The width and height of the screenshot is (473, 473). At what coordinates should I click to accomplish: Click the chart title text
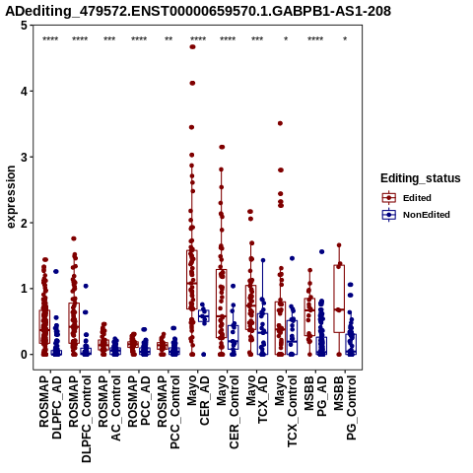click(x=198, y=11)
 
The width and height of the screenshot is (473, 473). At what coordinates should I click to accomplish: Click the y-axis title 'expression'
click(x=11, y=197)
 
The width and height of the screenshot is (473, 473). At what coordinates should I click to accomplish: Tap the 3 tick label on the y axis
click(x=24, y=157)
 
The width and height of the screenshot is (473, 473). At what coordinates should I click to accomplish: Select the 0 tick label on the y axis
click(x=24, y=355)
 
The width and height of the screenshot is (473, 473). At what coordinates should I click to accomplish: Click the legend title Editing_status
click(x=421, y=178)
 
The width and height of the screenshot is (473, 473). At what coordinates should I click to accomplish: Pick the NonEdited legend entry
click(x=416, y=215)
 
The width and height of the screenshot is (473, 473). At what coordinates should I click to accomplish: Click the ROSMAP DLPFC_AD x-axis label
click(x=50, y=407)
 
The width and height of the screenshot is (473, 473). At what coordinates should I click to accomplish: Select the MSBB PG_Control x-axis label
click(x=345, y=408)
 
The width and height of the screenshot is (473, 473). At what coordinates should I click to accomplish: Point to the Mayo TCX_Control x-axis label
click(x=286, y=411)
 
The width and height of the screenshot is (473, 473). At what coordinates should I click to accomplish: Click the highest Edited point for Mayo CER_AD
click(x=192, y=47)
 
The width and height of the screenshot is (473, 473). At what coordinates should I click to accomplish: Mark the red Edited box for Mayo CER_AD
click(x=192, y=280)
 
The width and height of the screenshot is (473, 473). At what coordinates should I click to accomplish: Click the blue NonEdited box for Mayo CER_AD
click(x=204, y=315)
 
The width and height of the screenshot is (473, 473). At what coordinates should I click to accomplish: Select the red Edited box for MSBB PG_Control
click(x=339, y=299)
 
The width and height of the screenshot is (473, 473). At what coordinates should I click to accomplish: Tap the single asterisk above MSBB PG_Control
click(x=345, y=39)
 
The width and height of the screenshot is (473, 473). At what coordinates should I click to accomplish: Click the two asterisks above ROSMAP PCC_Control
click(x=169, y=39)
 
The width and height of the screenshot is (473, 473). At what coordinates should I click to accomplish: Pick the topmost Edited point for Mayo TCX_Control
click(x=280, y=123)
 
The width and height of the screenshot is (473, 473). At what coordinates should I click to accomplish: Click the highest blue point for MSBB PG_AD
click(x=322, y=252)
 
